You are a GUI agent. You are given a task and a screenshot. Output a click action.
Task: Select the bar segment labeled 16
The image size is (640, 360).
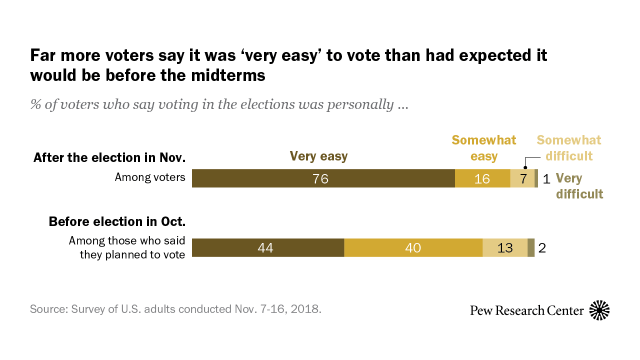[482, 179]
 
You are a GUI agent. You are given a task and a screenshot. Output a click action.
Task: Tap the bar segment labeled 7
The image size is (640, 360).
[522, 179]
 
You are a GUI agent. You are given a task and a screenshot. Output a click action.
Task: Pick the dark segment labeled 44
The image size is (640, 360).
[267, 249]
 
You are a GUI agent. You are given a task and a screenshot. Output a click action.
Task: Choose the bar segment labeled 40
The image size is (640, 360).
[413, 249]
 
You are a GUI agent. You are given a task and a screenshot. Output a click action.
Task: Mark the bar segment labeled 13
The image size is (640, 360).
[504, 249]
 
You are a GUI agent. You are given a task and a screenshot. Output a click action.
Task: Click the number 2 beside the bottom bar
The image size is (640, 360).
[542, 249]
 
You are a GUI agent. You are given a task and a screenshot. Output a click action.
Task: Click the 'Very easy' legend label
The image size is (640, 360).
[321, 156]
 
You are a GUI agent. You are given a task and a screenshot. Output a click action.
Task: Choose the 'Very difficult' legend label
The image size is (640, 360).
[578, 186]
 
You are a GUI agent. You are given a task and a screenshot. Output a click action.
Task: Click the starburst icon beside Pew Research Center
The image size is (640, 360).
[601, 310]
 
